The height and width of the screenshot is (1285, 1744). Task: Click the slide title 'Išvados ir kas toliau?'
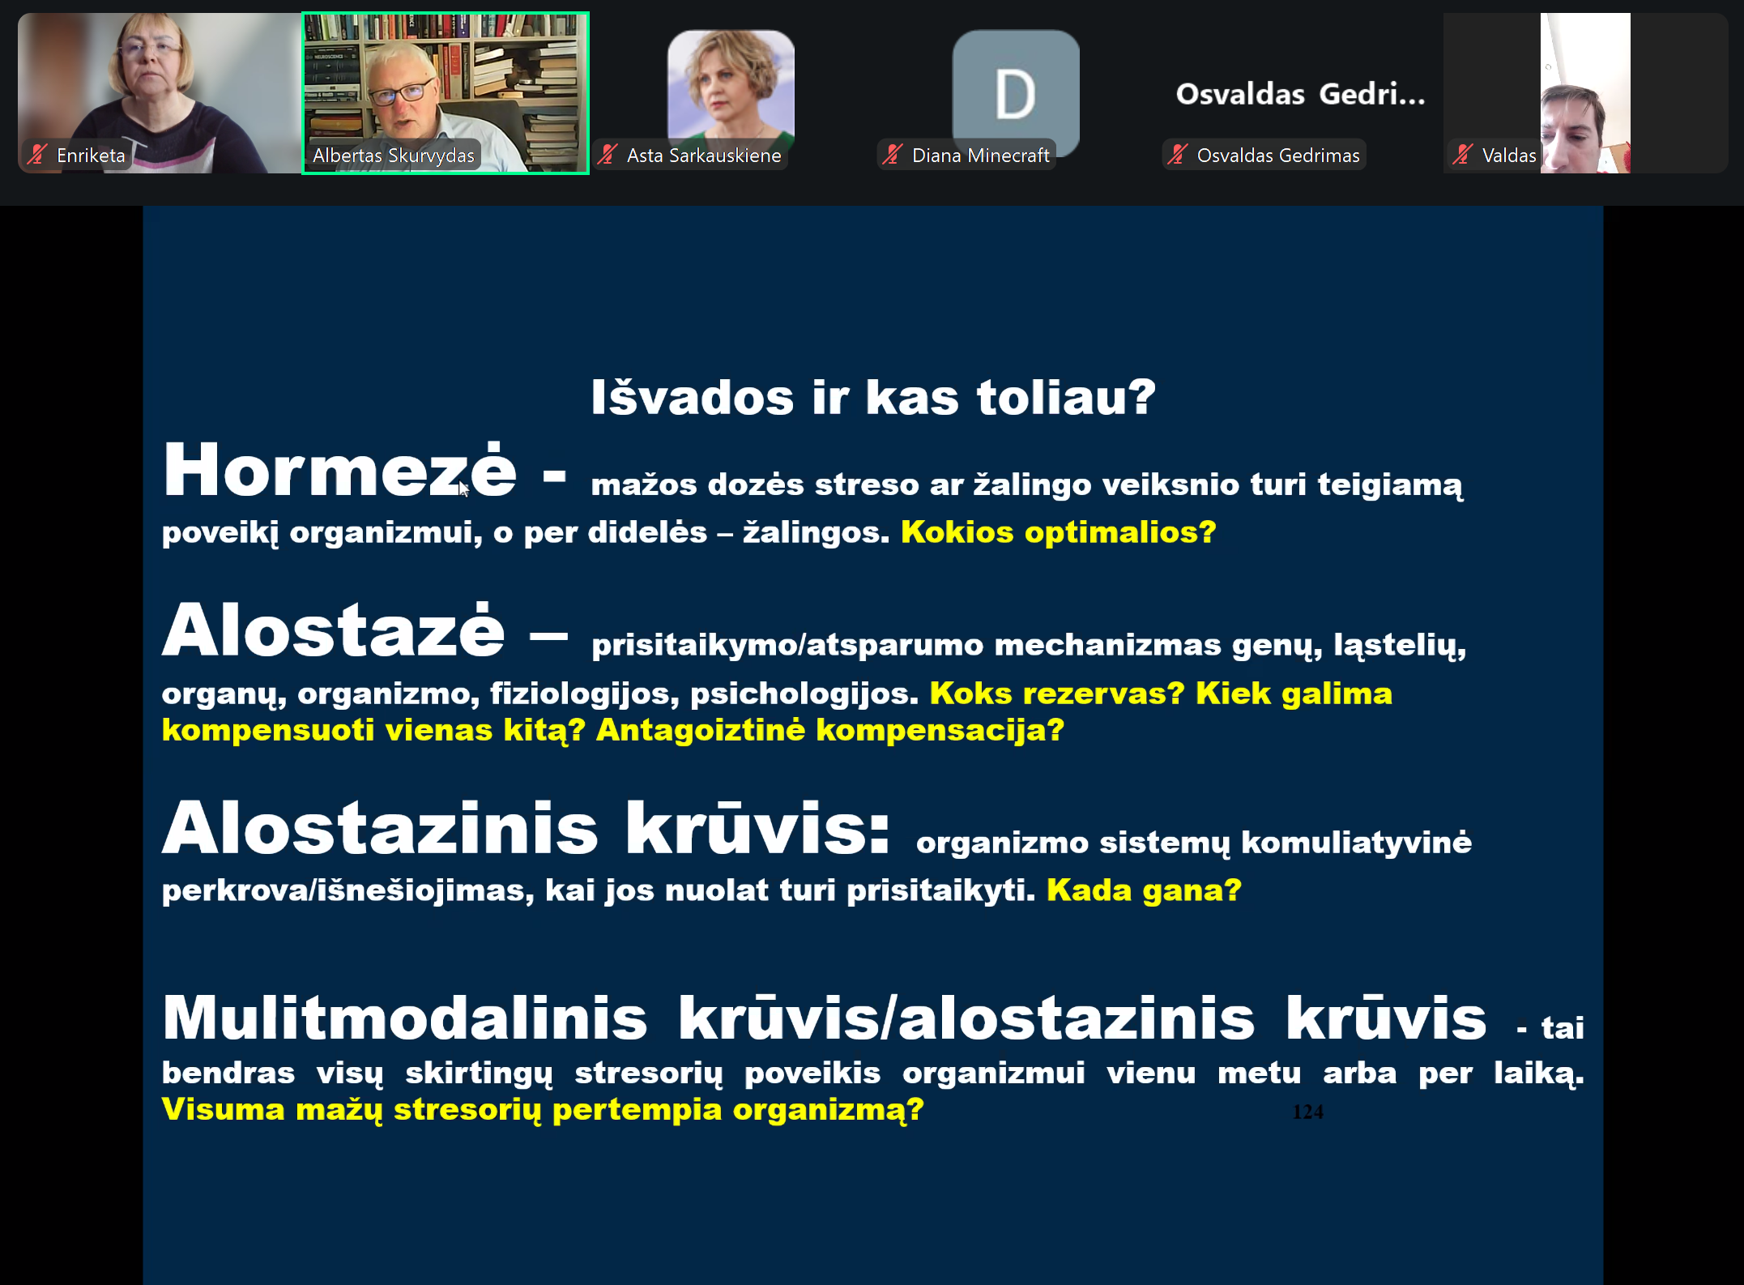tap(873, 397)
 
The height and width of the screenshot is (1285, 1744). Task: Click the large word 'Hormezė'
tap(339, 469)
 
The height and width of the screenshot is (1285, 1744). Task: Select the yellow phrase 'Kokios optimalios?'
tap(1059, 532)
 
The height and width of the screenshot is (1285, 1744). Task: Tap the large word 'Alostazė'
tap(333, 630)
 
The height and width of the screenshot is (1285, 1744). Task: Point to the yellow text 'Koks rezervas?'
tap(1057, 693)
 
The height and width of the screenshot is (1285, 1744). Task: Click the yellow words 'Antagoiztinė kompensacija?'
tap(830, 729)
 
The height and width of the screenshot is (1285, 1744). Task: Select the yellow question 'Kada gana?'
tap(1144, 890)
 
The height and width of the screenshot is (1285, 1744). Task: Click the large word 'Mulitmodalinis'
tap(405, 1018)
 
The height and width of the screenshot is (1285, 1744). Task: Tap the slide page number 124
tap(1307, 1112)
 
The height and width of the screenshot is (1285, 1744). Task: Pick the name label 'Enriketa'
tap(91, 155)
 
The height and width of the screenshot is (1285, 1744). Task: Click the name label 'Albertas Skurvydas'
tap(394, 155)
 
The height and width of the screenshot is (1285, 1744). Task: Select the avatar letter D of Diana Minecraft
tap(1015, 95)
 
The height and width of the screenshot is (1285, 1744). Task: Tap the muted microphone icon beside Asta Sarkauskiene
tap(608, 155)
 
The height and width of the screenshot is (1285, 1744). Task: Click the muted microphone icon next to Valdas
tap(1462, 155)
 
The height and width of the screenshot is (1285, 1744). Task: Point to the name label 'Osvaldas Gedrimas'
tap(1278, 155)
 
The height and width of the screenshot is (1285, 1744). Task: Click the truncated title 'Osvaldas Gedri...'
tap(1300, 94)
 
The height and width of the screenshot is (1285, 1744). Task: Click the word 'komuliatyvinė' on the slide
tap(1356, 843)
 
